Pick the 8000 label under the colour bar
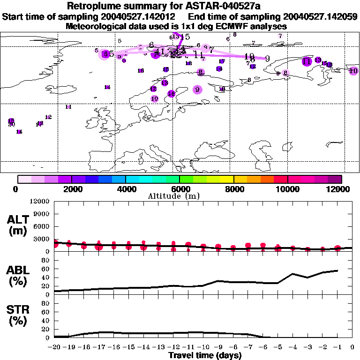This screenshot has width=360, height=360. point(233,189)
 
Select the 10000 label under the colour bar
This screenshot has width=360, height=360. point(287,189)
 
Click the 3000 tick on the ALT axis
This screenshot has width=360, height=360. point(42,239)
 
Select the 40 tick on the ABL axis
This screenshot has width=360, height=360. point(45,277)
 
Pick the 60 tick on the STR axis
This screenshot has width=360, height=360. point(45,312)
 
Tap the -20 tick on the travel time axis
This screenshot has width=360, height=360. point(54,347)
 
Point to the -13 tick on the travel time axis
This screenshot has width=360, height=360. point(159,347)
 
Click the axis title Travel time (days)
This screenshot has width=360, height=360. point(205,355)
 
